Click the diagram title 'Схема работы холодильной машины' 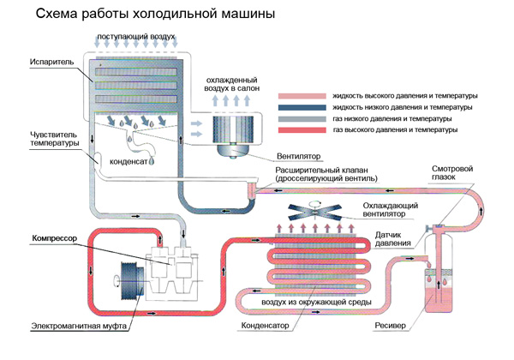click(x=155, y=14)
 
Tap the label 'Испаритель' click(x=51, y=62)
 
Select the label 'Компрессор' click(x=55, y=238)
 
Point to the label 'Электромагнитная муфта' click(x=79, y=327)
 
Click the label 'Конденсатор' click(x=265, y=326)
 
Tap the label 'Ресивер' click(x=390, y=326)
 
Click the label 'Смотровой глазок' click(x=452, y=173)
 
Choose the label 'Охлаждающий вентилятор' click(x=390, y=210)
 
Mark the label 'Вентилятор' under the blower click(x=298, y=156)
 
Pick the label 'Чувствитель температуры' click(x=55, y=139)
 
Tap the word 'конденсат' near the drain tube click(x=128, y=162)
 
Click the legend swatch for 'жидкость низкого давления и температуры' click(x=302, y=107)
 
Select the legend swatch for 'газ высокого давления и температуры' click(x=302, y=130)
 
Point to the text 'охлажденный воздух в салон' click(x=232, y=84)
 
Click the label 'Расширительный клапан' click(x=321, y=171)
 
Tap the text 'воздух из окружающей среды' click(x=316, y=302)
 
